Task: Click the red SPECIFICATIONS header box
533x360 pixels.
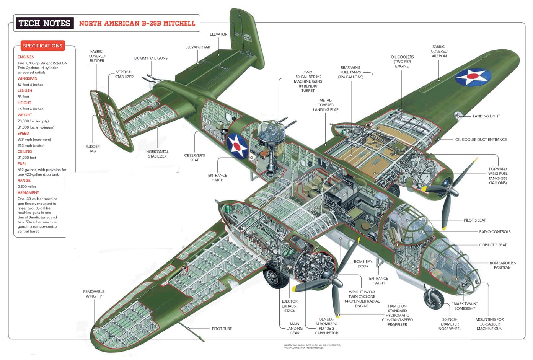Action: point(42,46)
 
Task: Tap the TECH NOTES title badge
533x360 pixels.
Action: point(45,23)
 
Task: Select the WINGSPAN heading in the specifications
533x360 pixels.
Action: point(28,78)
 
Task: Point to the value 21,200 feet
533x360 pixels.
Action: point(27,158)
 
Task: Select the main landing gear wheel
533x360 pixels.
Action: point(275,275)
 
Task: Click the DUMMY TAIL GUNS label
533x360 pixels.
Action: point(151,58)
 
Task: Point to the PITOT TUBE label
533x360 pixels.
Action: point(222,329)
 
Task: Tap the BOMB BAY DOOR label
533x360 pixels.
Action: point(363,264)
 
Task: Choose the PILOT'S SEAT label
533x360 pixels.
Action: point(474,220)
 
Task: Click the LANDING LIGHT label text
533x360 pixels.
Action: point(486,116)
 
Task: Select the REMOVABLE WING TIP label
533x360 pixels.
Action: point(94,294)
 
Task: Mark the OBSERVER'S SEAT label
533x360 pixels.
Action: point(194,158)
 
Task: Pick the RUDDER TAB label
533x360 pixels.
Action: point(92,149)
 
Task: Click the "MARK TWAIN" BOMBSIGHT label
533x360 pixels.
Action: point(465,306)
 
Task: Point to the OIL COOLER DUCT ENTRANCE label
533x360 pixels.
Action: point(481,140)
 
